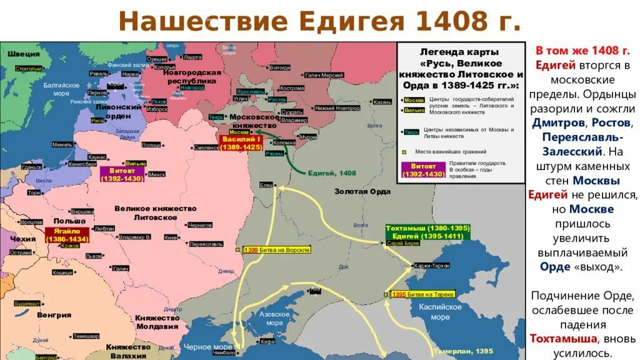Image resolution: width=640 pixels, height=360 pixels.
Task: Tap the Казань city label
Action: tap(382, 102)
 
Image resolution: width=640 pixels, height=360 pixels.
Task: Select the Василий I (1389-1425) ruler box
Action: tap(241, 143)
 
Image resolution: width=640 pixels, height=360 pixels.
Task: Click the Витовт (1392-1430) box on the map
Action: tap(122, 174)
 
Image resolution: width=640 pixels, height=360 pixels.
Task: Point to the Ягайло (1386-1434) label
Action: tap(67, 234)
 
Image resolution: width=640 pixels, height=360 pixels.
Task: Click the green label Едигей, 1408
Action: tap(331, 172)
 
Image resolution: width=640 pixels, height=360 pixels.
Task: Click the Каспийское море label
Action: tap(440, 312)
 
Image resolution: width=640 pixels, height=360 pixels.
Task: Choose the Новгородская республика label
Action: tap(192, 76)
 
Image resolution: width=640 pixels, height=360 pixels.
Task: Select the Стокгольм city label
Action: tap(28, 68)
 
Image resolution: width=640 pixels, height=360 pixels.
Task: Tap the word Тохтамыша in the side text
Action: tap(562, 339)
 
